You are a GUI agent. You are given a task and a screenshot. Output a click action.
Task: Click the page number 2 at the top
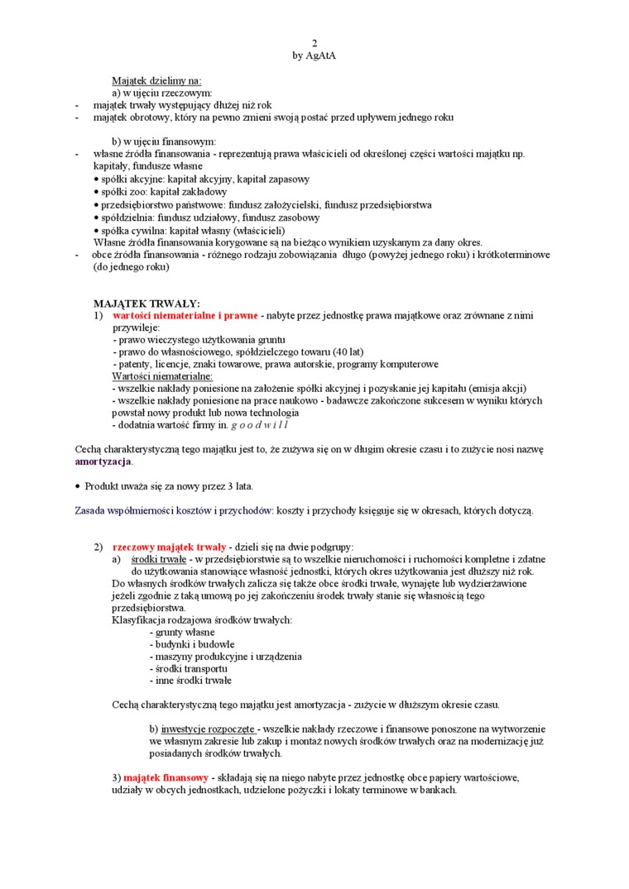(314, 43)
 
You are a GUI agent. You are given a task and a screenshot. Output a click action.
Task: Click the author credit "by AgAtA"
(314, 55)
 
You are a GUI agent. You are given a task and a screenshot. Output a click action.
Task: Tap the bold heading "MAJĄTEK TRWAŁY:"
(146, 304)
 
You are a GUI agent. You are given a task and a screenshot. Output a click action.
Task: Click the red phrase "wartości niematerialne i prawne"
(185, 316)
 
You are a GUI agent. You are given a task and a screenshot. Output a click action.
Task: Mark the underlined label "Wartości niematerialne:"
(162, 375)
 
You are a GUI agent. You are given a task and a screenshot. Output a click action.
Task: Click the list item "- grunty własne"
(182, 632)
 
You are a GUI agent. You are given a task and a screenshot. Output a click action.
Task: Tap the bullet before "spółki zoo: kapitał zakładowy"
(97, 193)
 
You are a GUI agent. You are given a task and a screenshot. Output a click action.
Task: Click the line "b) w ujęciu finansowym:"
(164, 141)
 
